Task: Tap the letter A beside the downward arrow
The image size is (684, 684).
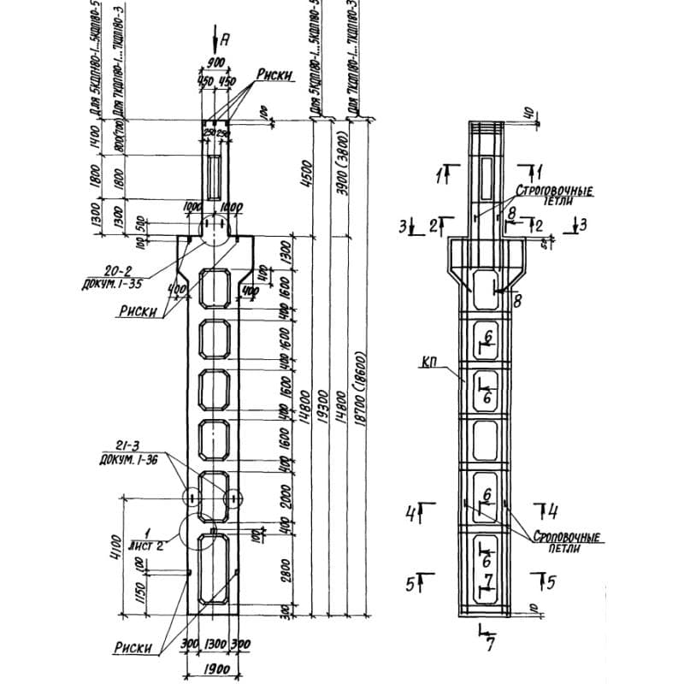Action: pos(225,38)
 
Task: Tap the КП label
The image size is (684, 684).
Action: pos(430,365)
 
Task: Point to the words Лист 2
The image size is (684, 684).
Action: pos(149,541)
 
